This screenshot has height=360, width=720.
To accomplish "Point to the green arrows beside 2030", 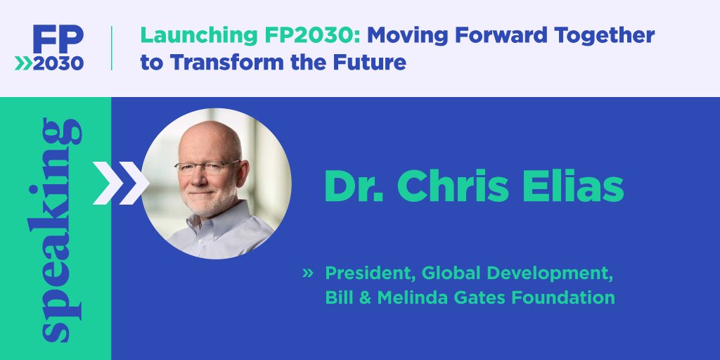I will coord(24,63).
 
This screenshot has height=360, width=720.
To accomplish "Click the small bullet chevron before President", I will coord(307,272).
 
